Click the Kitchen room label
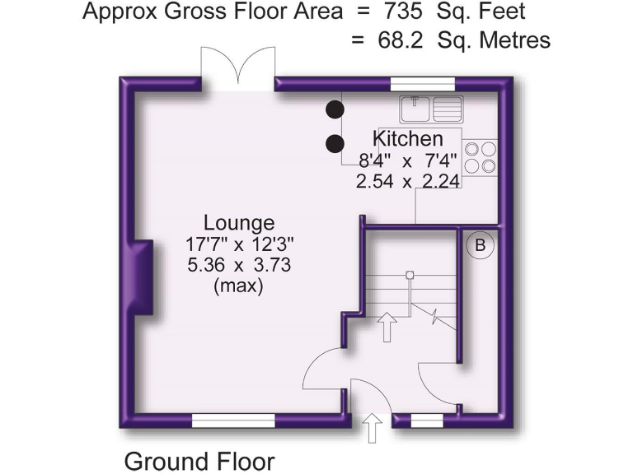pos(408,138)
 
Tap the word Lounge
pos(239,223)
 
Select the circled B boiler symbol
pos(478,244)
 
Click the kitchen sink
pos(432,108)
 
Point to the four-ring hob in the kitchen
pos(481,156)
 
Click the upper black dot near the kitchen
pos(335,108)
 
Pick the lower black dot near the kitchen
pos(335,144)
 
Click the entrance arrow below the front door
pos(372,428)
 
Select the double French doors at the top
pos(238,70)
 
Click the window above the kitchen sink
pos(416,82)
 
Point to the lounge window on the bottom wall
pos(233,421)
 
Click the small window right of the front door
pos(426,421)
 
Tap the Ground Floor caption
pos(199,460)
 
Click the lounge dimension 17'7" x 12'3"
pos(239,244)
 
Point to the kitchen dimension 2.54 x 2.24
pos(408,182)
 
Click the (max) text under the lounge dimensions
pos(238,287)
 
